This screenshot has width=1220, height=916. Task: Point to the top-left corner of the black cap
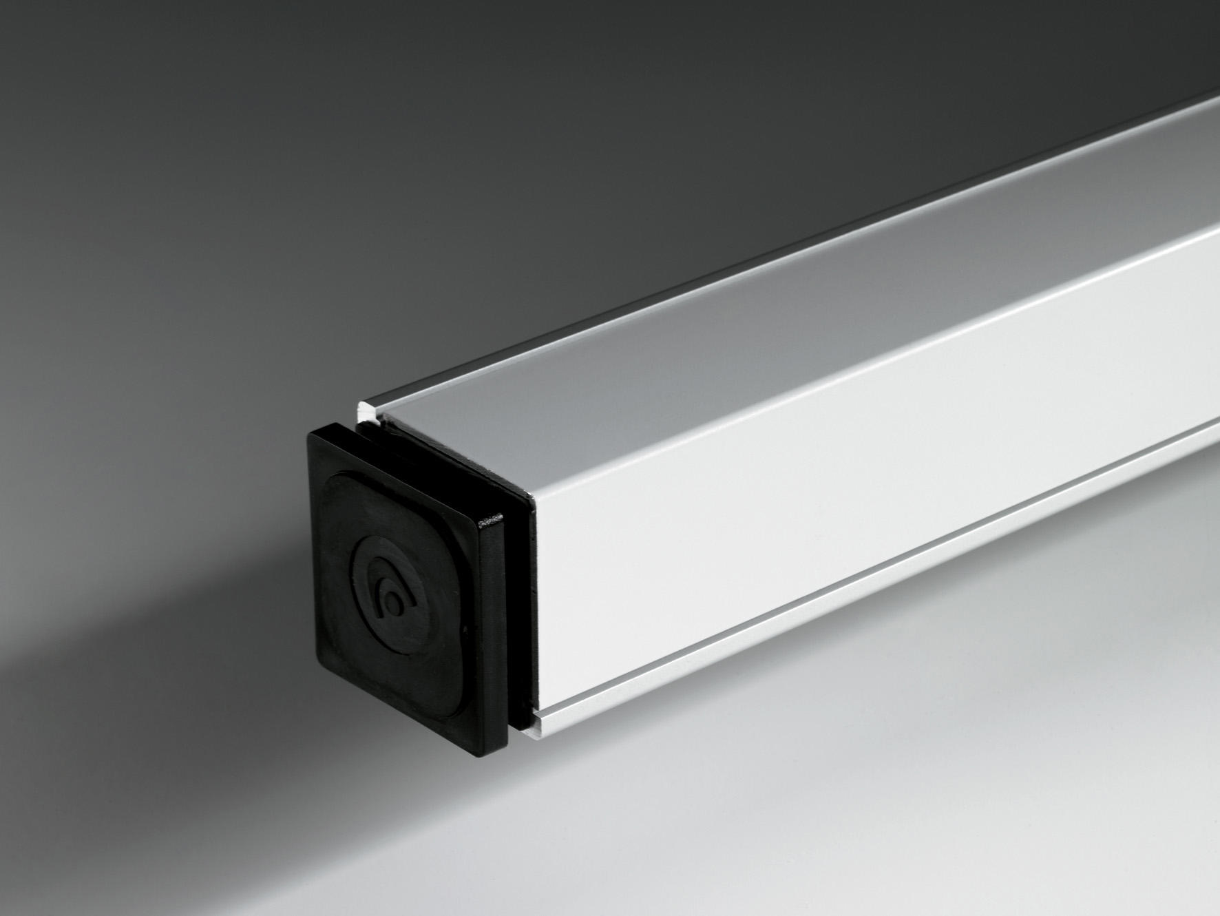pyautogui.click(x=311, y=433)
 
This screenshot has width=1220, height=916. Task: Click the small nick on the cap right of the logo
pyautogui.click(x=467, y=629)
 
